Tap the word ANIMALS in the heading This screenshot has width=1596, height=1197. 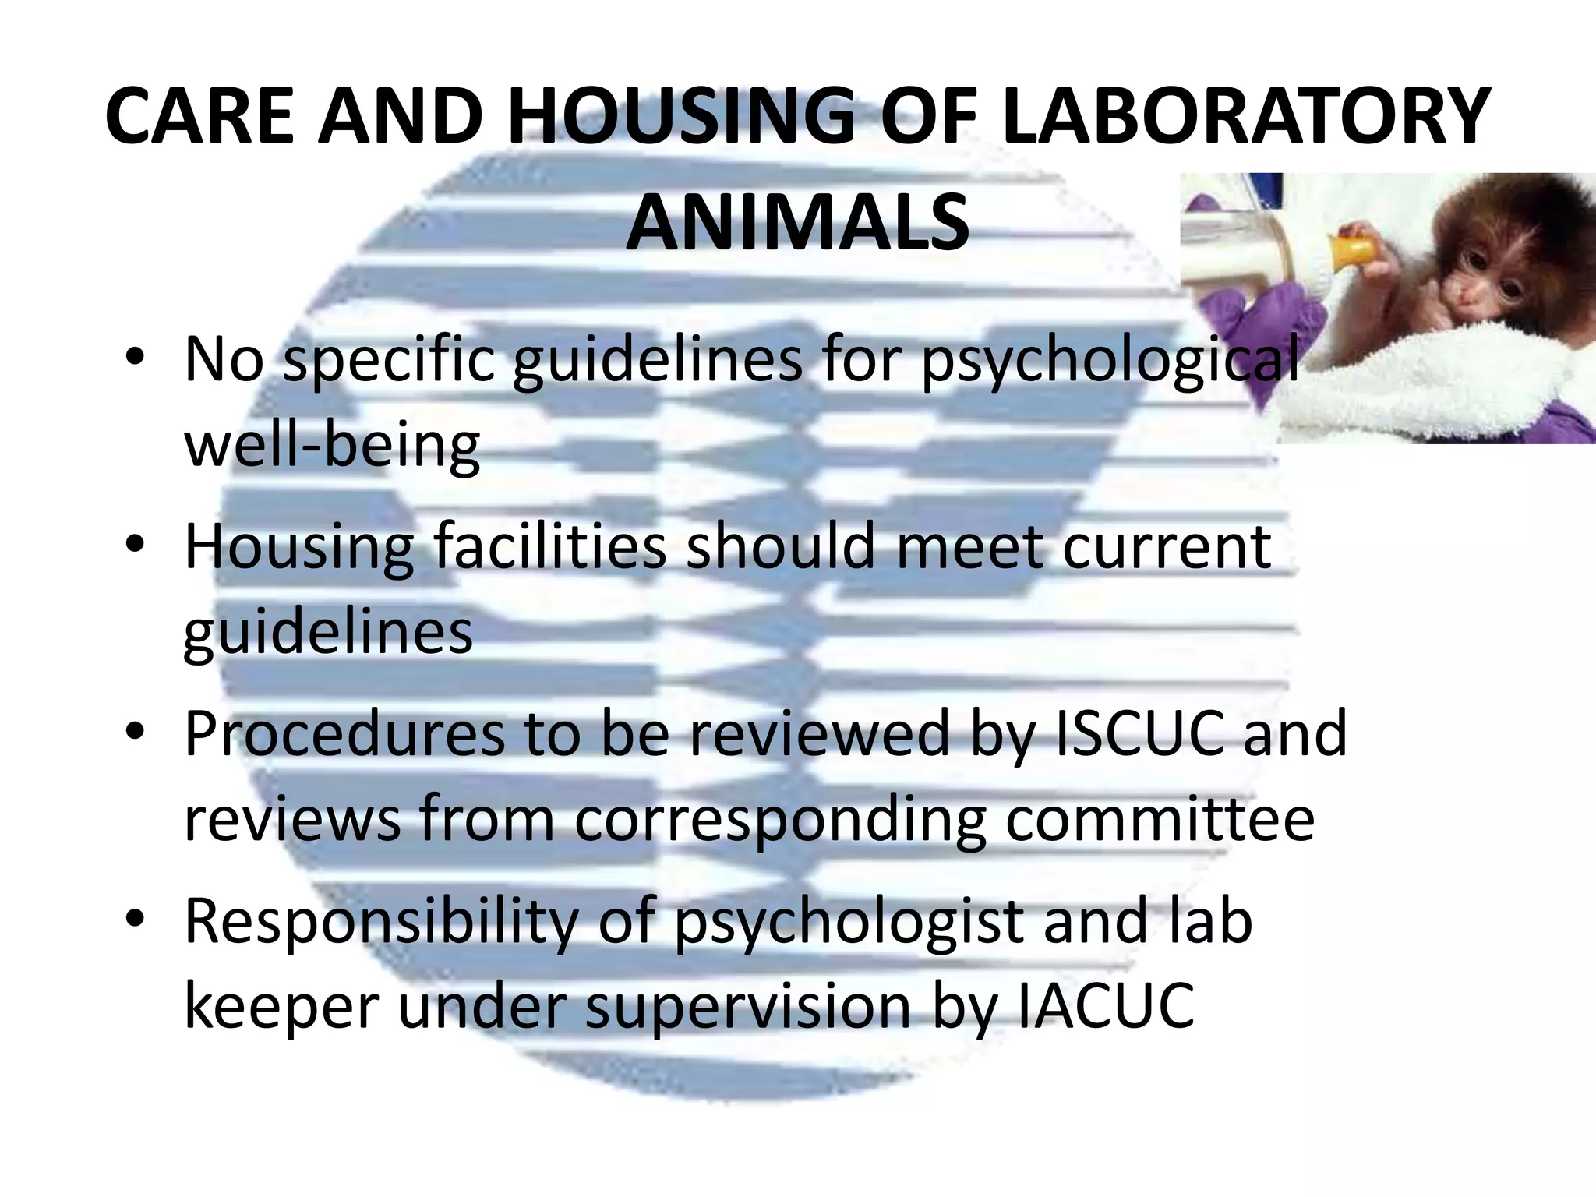click(x=797, y=224)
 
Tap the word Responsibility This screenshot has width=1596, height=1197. click(x=381, y=921)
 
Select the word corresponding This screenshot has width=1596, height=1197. click(x=779, y=820)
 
